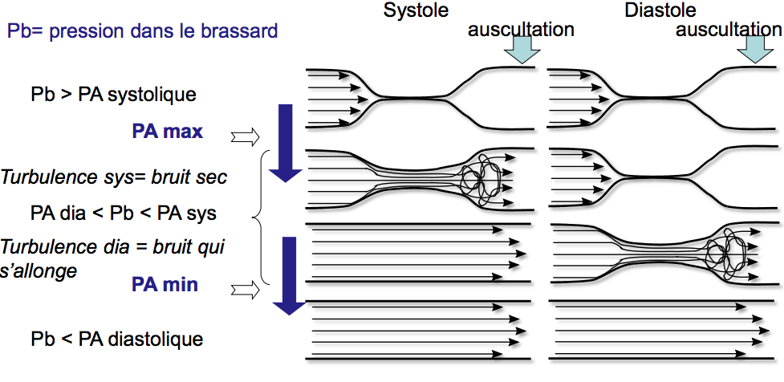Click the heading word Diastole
click(x=660, y=11)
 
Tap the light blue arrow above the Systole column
click(x=522, y=50)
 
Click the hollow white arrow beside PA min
click(x=242, y=289)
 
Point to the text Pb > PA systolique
click(x=113, y=94)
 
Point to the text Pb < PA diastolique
click(x=117, y=338)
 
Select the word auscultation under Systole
click(x=522, y=30)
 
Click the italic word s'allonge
click(x=39, y=270)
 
